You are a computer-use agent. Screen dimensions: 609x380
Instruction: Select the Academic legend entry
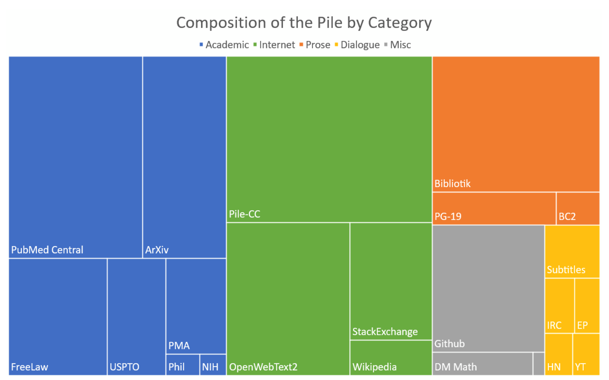click(x=224, y=45)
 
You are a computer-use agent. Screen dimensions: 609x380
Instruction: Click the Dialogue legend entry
click(x=357, y=45)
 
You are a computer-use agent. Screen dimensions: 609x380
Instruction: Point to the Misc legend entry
click(x=398, y=45)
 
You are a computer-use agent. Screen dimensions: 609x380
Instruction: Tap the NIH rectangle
click(x=213, y=365)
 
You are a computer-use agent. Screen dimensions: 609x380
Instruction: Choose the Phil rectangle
click(x=183, y=365)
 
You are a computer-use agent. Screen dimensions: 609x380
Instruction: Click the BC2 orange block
click(x=578, y=209)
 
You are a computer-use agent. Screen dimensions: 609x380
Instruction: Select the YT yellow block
click(x=586, y=354)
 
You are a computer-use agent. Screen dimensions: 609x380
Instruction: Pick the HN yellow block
click(x=559, y=354)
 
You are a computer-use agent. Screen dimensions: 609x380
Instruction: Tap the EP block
click(x=587, y=306)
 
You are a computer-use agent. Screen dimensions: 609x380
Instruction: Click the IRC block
click(x=560, y=306)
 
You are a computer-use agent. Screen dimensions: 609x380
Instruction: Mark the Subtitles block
click(x=572, y=252)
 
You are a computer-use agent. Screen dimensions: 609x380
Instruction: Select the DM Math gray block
click(x=482, y=364)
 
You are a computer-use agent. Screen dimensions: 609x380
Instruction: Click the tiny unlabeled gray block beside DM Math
click(x=539, y=364)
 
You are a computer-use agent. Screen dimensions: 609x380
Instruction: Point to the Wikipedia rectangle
click(x=391, y=358)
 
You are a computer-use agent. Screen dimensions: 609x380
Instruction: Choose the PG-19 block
click(x=494, y=209)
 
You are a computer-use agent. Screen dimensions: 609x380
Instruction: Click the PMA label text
click(x=179, y=346)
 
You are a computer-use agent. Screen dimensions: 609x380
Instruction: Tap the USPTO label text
click(x=124, y=367)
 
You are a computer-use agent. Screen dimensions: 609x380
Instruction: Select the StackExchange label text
click(x=385, y=332)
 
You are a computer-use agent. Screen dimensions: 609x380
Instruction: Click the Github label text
click(x=449, y=344)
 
